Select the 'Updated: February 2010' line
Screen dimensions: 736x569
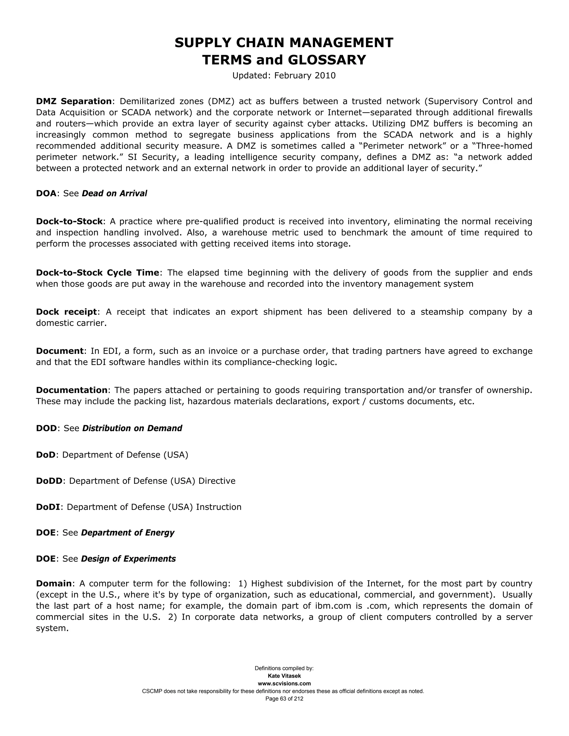(284, 76)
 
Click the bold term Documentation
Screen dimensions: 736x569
(72, 390)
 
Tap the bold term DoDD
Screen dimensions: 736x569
(49, 481)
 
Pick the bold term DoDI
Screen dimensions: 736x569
(48, 507)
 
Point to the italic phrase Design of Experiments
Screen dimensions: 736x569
(128, 559)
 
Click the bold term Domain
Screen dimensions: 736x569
(54, 583)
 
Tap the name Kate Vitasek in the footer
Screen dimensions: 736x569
(284, 676)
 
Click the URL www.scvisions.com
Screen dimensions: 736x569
(284, 684)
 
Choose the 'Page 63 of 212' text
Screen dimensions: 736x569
(284, 699)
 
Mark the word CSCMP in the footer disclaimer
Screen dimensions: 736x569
(152, 691)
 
